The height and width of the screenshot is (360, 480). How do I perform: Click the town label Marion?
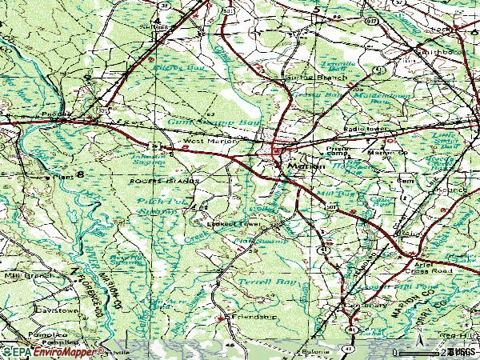(307, 167)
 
